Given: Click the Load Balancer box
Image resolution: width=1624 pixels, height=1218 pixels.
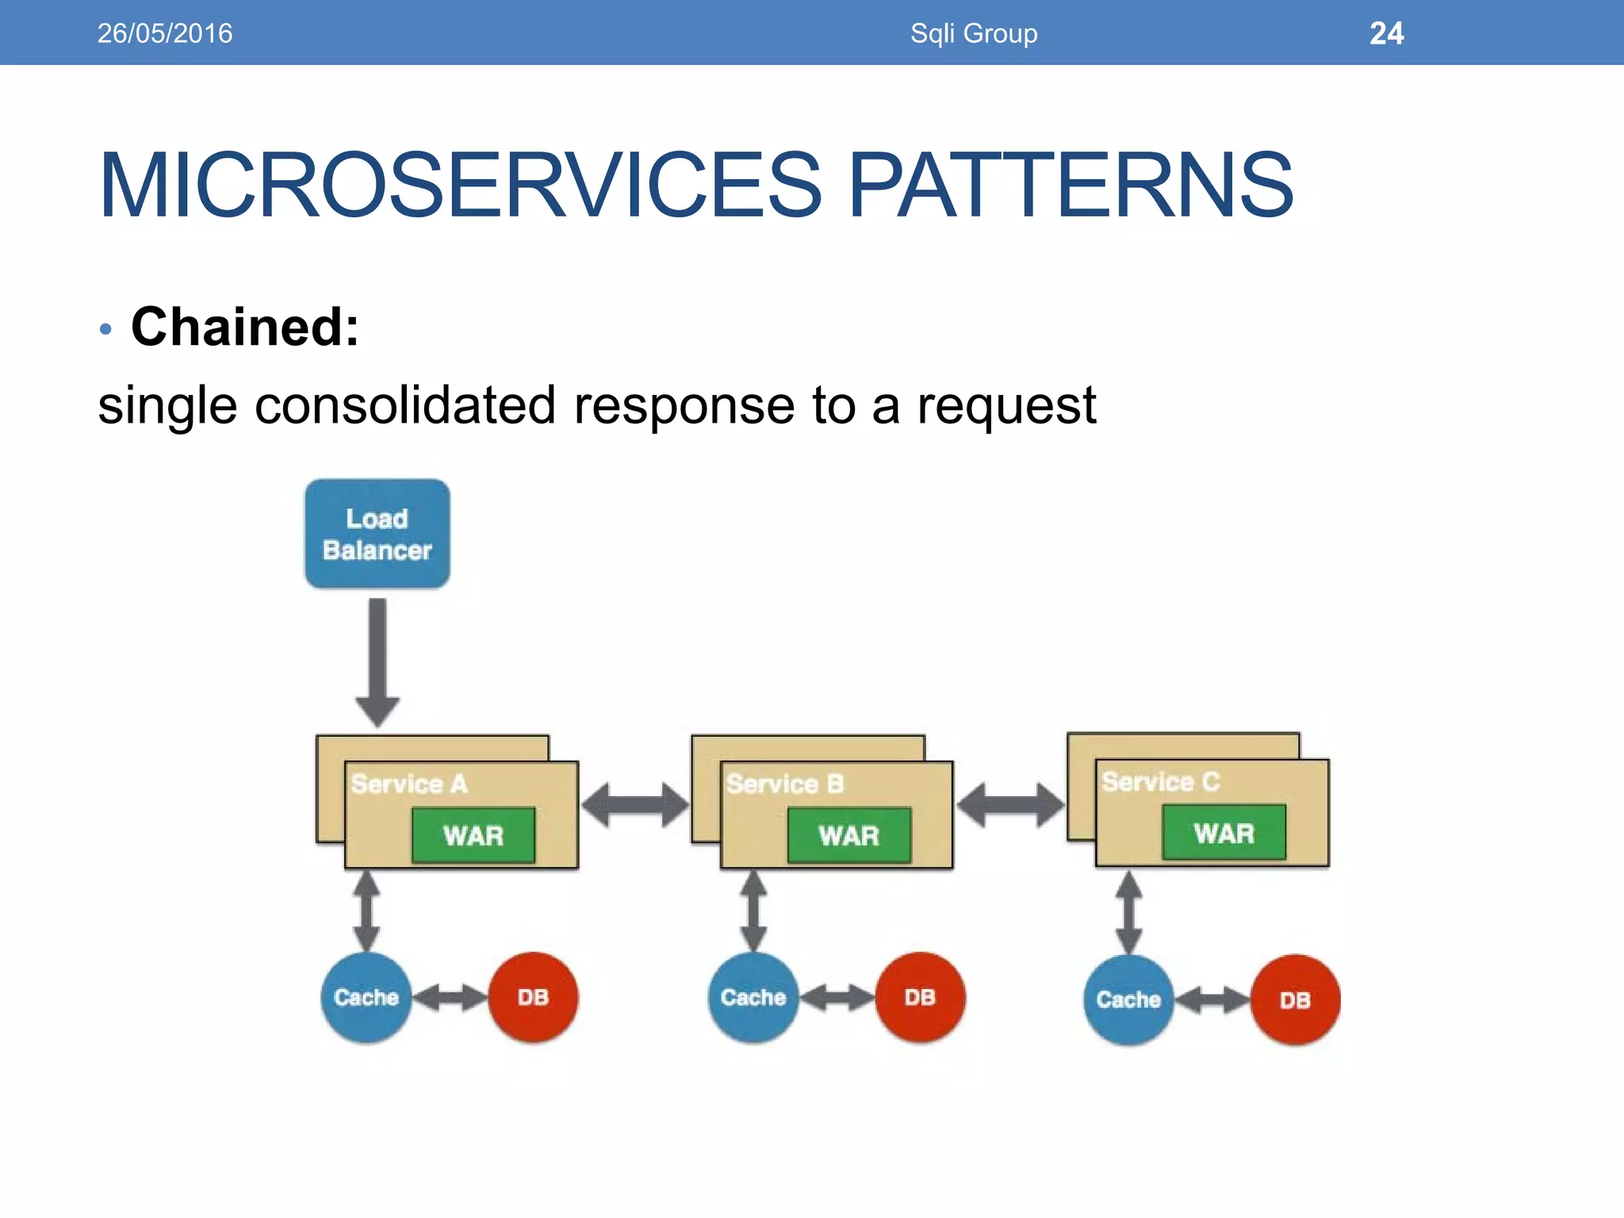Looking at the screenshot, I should pyautogui.click(x=377, y=534).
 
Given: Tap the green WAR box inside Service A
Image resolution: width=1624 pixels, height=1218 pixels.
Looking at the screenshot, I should pyautogui.click(x=473, y=836).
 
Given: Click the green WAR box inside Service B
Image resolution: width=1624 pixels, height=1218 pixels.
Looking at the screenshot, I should pyautogui.click(x=848, y=836).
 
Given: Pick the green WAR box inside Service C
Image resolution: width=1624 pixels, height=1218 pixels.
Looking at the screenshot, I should pyautogui.click(x=1224, y=833).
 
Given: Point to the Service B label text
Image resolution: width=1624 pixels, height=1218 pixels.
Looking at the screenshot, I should pyautogui.click(x=784, y=783).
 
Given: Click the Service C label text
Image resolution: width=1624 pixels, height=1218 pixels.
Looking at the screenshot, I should pyautogui.click(x=1160, y=781).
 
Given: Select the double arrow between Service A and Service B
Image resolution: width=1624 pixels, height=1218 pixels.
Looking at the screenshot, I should pyautogui.click(x=634, y=805).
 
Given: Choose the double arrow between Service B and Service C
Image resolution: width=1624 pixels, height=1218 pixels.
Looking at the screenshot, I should pyautogui.click(x=1009, y=805).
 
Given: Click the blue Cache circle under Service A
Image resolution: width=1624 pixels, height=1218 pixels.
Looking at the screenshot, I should pyautogui.click(x=366, y=998).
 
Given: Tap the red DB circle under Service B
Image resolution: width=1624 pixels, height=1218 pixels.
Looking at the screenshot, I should pyautogui.click(x=920, y=998).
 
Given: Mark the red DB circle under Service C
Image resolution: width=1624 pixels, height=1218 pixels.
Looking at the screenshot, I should pyautogui.click(x=1295, y=1000).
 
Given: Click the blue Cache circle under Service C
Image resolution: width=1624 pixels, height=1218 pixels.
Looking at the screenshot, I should pyautogui.click(x=1128, y=1000).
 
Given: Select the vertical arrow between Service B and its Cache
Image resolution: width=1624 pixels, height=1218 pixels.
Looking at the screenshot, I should pyautogui.click(x=753, y=911).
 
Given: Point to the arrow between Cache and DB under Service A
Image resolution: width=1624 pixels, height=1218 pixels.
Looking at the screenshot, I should pyautogui.click(x=450, y=998).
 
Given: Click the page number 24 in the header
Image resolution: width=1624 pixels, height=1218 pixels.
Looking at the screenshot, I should pyautogui.click(x=1386, y=33).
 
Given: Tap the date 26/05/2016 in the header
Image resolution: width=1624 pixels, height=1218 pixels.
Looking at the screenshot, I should pyautogui.click(x=165, y=33).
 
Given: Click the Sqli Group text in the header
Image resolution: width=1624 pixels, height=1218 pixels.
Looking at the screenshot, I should pyautogui.click(x=974, y=33).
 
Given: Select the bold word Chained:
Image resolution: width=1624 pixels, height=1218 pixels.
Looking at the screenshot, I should pyautogui.click(x=245, y=327).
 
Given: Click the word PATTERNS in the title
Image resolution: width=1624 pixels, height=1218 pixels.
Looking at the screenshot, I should pyautogui.click(x=1071, y=186).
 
